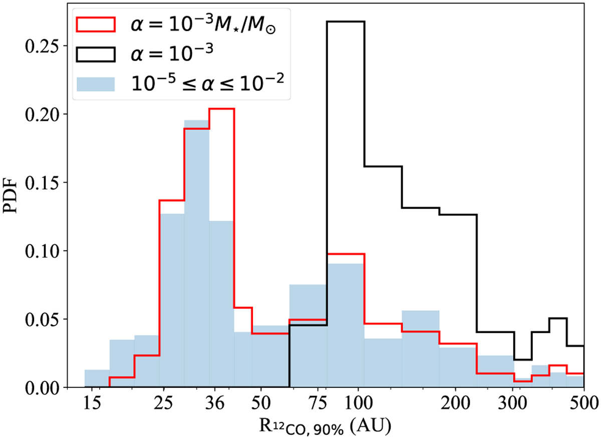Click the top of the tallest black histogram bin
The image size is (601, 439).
pos(346,22)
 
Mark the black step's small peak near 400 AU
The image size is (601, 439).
pos(557,318)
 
